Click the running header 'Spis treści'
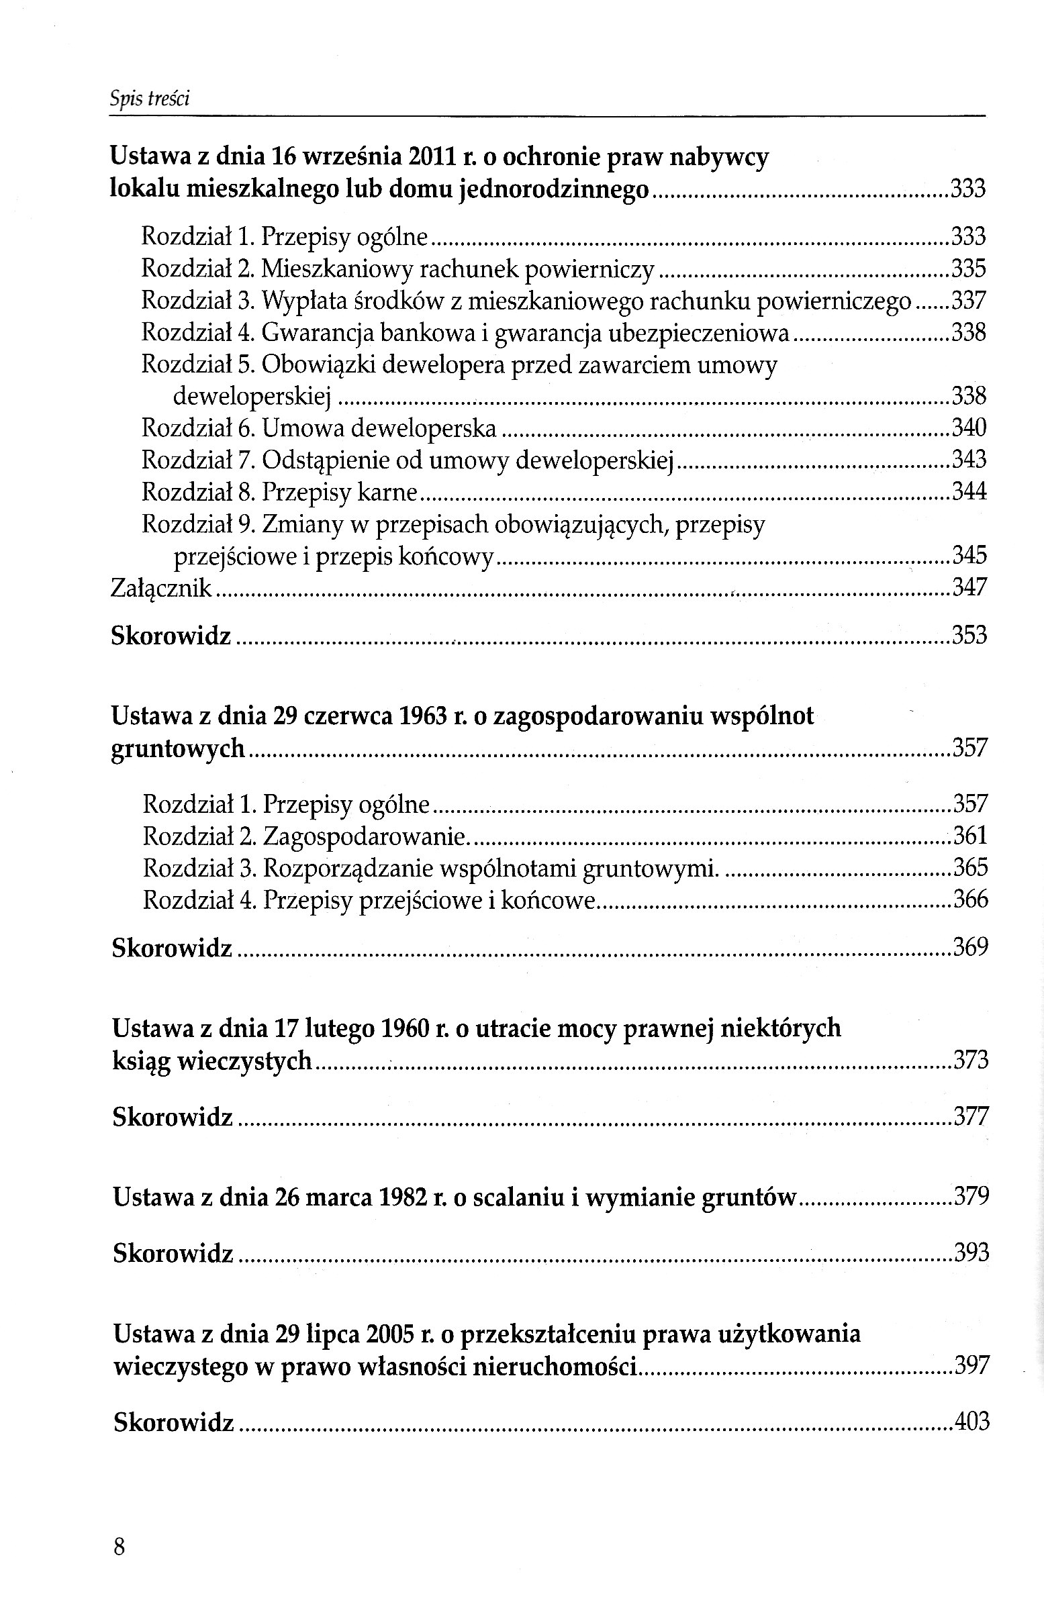[149, 99]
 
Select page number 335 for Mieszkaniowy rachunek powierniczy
[968, 269]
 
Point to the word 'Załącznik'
[161, 587]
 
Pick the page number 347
[969, 587]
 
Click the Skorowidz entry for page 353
[171, 636]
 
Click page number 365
[971, 867]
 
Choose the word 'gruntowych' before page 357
[178, 749]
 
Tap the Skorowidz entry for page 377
[172, 1116]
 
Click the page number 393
[971, 1252]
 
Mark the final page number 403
[971, 1421]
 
